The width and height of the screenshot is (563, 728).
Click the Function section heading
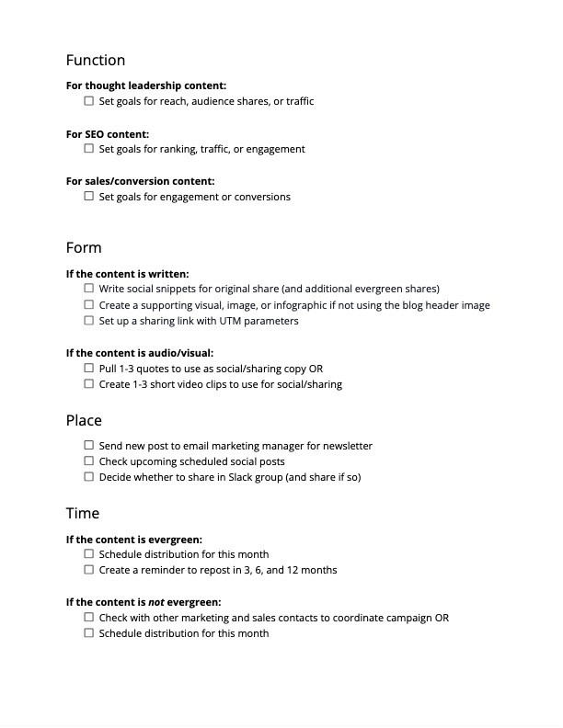click(x=96, y=61)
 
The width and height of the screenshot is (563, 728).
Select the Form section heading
click(x=84, y=248)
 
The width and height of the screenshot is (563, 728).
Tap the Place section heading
click(x=84, y=420)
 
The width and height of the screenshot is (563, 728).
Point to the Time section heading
click(x=83, y=513)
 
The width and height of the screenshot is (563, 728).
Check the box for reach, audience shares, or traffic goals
click(x=89, y=101)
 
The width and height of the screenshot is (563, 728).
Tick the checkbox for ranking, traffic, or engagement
click(x=89, y=149)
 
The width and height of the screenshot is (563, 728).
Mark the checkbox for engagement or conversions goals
click(x=89, y=197)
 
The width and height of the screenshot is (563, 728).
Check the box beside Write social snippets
click(x=89, y=289)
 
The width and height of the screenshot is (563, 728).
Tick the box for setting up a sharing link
click(x=89, y=321)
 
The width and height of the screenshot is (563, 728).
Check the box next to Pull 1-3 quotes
click(x=89, y=369)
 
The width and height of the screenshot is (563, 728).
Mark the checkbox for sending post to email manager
click(x=89, y=446)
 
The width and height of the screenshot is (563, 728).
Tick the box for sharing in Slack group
click(x=89, y=477)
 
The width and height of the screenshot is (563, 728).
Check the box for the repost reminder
click(x=89, y=570)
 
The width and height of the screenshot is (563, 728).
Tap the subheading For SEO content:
click(x=108, y=134)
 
